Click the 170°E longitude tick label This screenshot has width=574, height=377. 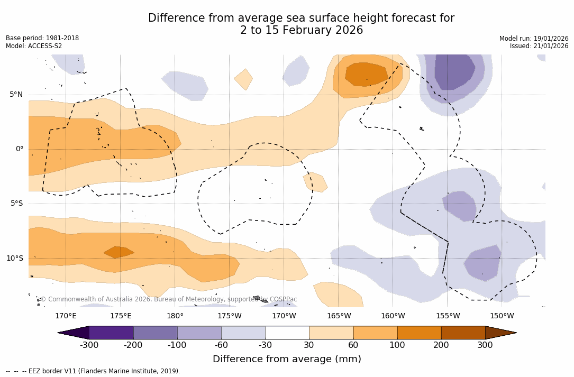coord(66,316)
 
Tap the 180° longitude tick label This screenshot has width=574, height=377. coord(175,316)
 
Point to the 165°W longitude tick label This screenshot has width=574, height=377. coord(339,316)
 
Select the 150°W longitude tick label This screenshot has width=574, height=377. coord(502,316)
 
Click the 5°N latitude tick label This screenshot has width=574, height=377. coord(16,95)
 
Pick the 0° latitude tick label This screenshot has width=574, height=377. coord(20,149)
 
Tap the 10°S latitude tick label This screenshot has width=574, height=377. coord(14,259)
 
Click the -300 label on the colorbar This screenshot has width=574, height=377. coord(89,345)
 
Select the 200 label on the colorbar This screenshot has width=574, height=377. coord(441,345)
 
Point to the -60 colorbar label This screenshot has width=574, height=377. coord(221,345)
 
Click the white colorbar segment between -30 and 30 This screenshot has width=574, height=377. coord(287,333)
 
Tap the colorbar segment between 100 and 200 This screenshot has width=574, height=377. coord(419,333)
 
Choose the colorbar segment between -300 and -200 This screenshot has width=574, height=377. coord(111,333)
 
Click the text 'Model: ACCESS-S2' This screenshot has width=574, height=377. coord(34,46)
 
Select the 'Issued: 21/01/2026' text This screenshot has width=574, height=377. coord(539,46)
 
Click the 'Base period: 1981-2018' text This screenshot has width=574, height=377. coord(42,38)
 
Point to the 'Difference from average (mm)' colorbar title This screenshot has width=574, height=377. coord(287,360)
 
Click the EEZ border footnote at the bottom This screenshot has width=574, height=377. coord(93,371)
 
